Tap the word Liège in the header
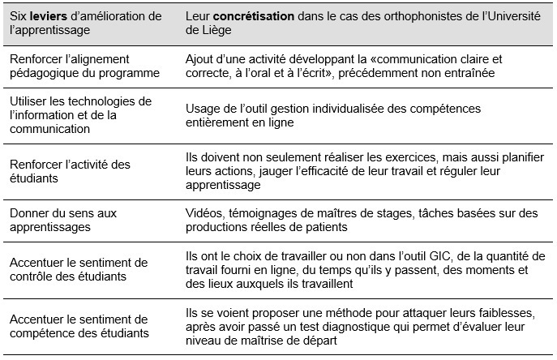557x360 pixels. [204, 31]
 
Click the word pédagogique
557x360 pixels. [46, 73]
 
